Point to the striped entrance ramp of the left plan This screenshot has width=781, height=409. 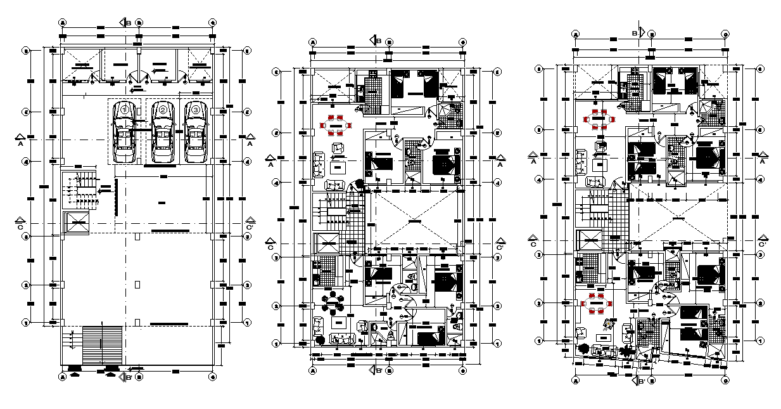(x=101, y=346)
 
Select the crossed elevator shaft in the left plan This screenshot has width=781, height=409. (x=78, y=223)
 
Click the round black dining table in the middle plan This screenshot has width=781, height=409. (x=332, y=305)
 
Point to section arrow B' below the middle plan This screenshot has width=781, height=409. (x=378, y=371)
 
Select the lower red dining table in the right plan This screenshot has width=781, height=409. (x=596, y=304)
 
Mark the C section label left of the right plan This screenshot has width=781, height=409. (x=533, y=242)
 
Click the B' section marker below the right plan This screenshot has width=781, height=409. (x=639, y=380)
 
